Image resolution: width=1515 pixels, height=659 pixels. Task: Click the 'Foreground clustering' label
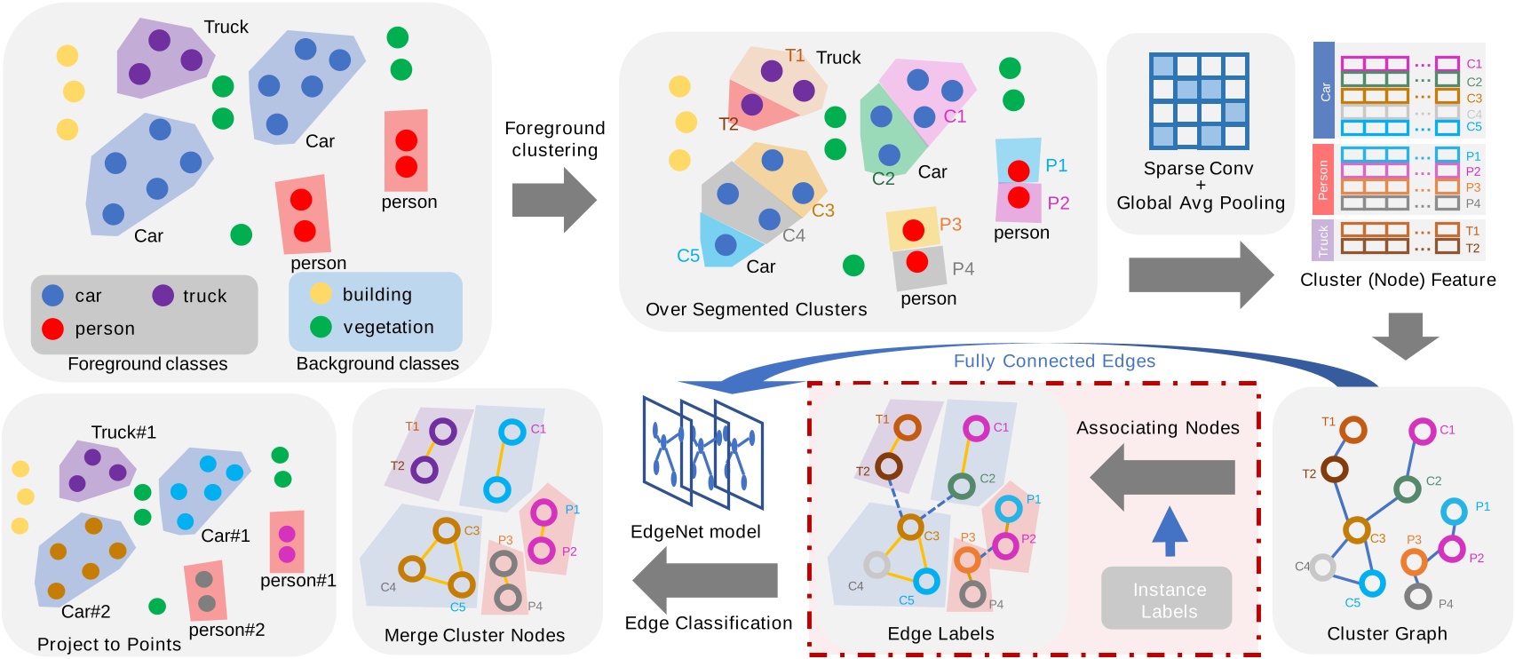pyautogui.click(x=554, y=139)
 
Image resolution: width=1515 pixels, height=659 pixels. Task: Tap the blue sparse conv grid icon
pyautogui.click(x=1198, y=100)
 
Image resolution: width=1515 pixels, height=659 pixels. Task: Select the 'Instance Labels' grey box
pyautogui.click(x=1168, y=599)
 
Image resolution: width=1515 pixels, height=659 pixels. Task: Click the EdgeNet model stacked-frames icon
pyautogui.click(x=702, y=452)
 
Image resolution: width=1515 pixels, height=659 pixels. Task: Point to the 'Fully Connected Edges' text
pyautogui.click(x=1054, y=361)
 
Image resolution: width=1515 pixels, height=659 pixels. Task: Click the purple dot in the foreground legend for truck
pyautogui.click(x=163, y=296)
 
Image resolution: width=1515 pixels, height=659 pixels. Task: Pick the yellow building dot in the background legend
pyautogui.click(x=321, y=294)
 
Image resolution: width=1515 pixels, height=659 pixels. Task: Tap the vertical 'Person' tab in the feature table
pyautogui.click(x=1322, y=179)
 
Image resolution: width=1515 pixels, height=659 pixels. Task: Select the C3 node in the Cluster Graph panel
pyautogui.click(x=1356, y=530)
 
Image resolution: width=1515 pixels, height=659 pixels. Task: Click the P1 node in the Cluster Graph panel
pyautogui.click(x=1453, y=511)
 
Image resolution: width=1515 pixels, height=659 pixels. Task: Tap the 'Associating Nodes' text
pyautogui.click(x=1157, y=428)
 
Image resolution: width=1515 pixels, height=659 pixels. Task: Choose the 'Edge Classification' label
pyautogui.click(x=708, y=623)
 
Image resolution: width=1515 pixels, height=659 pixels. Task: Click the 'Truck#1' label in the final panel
pyautogui.click(x=123, y=433)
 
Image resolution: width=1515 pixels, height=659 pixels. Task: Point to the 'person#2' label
pyautogui.click(x=226, y=630)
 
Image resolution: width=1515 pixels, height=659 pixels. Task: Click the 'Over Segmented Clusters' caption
pyautogui.click(x=756, y=309)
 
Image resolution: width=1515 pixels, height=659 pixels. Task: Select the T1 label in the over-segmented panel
pyautogui.click(x=795, y=56)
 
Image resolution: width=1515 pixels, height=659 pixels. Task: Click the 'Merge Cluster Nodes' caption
pyautogui.click(x=474, y=635)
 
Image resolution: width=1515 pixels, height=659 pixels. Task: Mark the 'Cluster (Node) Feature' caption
pyautogui.click(x=1397, y=280)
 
